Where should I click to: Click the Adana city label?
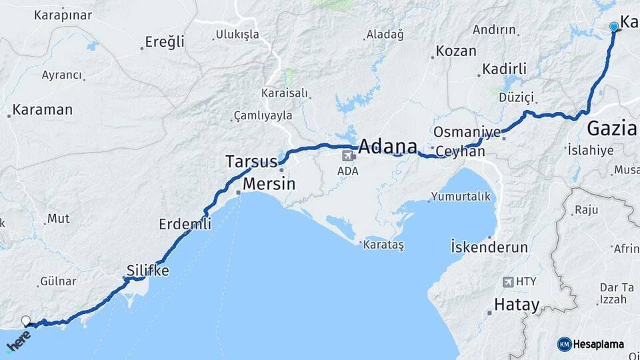(x=388, y=147)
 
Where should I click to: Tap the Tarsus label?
(x=251, y=162)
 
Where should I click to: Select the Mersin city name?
(x=269, y=183)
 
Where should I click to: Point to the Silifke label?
(x=147, y=271)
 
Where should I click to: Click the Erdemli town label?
(x=185, y=224)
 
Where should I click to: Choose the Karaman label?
(x=42, y=110)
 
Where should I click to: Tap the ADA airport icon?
(x=347, y=156)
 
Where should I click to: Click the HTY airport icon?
(x=509, y=282)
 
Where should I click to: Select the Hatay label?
(x=516, y=305)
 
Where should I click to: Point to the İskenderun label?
(x=489, y=247)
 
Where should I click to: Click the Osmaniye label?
(x=467, y=132)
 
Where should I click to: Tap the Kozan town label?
(x=456, y=51)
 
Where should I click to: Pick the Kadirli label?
(x=504, y=69)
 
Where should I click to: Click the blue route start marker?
(x=614, y=27)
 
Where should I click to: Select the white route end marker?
(x=26, y=321)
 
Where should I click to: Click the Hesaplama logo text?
(x=598, y=345)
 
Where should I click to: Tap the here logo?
(x=18, y=342)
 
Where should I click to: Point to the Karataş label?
(x=383, y=245)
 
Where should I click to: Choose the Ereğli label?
(x=165, y=42)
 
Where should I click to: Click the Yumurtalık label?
(x=461, y=196)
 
